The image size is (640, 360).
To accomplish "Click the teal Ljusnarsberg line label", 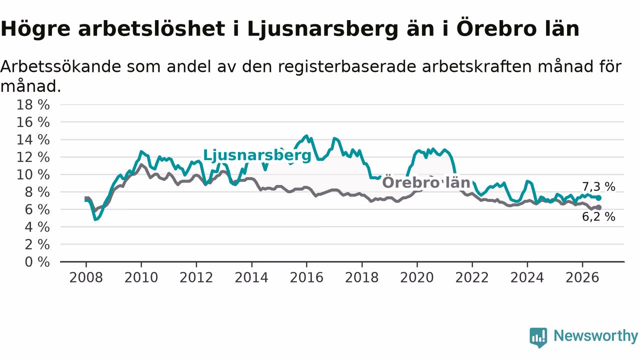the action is coord(257,155).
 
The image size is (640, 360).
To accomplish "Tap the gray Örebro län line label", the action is coord(426,182).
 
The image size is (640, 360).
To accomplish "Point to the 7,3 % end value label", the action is coord(598,187).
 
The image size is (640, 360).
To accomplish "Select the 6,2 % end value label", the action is coord(598,217).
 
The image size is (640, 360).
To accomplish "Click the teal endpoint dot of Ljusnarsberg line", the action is coord(599,198).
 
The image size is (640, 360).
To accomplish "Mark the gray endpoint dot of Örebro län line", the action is coord(599,207).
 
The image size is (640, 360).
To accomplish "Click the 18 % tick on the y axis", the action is coord(33,105).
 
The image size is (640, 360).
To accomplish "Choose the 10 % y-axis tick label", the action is coord(33,174).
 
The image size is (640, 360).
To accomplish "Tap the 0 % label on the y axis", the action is coord(37,262).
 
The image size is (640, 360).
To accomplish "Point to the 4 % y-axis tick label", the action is coord(37,227).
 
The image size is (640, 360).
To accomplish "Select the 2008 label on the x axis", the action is coord(86,277).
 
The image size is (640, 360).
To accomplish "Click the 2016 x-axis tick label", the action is coord(306,277).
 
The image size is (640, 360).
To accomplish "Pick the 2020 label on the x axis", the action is coord(417,277).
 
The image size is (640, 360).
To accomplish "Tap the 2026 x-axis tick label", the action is coord(582,277).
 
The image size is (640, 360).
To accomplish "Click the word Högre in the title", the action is coord(35,29).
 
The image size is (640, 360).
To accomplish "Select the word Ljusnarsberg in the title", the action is coord(323,29).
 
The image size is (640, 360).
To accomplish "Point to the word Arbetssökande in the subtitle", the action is coord(61,66).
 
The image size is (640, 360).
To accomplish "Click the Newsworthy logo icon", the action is coord(538,337).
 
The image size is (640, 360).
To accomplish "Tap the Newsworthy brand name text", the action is coord(595,336).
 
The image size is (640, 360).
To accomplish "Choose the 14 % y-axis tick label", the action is coord(33,139).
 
